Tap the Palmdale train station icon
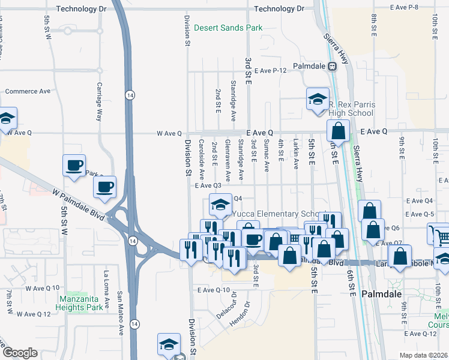(x=331, y=66)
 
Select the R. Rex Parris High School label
(x=351, y=109)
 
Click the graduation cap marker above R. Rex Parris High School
(x=318, y=100)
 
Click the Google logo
(x=20, y=352)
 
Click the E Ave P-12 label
(x=270, y=71)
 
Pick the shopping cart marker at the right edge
(x=439, y=234)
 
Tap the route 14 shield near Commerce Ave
(x=129, y=95)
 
